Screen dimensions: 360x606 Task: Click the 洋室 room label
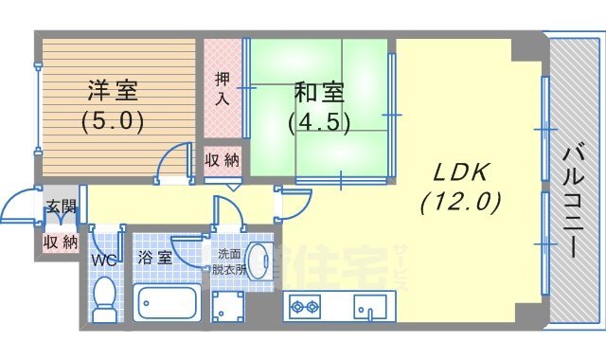coord(113,92)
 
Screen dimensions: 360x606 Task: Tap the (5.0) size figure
coord(112,121)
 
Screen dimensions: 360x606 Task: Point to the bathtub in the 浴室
coord(167,304)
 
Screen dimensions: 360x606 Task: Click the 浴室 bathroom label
coord(155,257)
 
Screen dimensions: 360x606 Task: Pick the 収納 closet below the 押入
coord(223,160)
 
